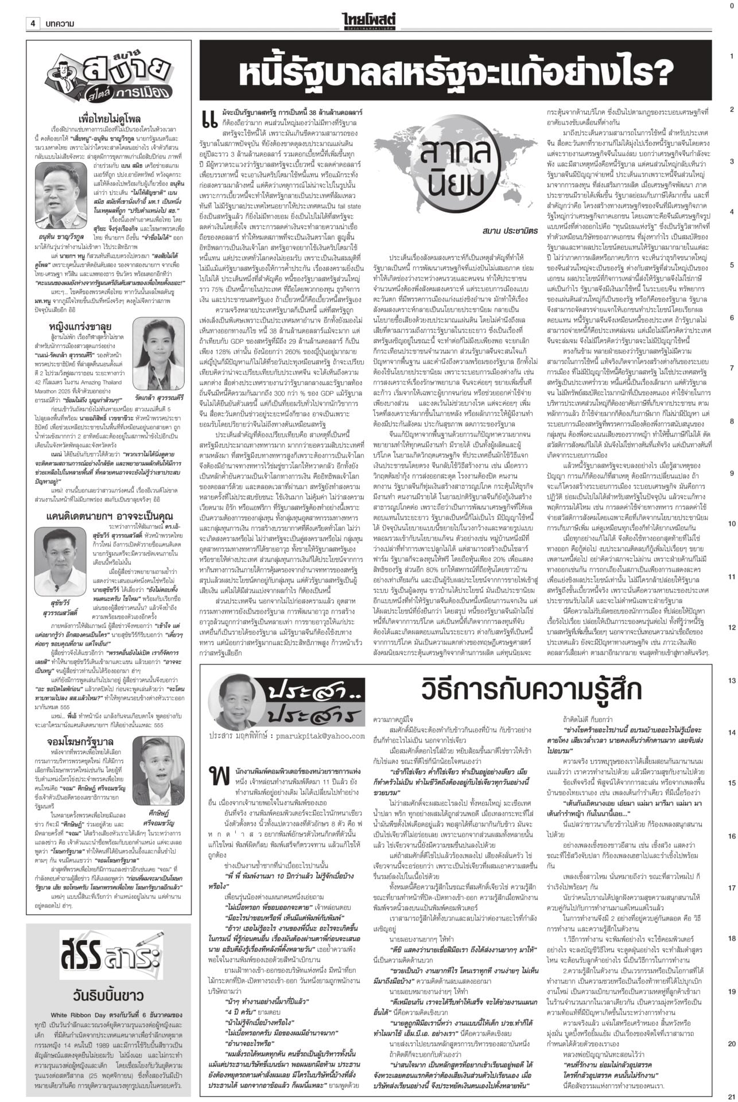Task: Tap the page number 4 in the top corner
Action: click(x=34, y=24)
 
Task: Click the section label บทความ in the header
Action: click(x=60, y=24)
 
